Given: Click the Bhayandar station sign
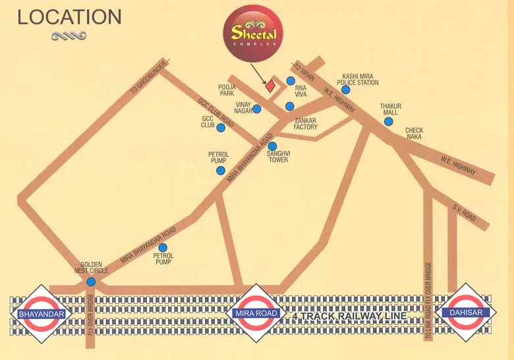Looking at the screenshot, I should coord(42,314).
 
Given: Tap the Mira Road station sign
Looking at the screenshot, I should coord(254,314).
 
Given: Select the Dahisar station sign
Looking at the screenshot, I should coord(466,313).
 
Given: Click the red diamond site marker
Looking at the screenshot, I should coord(270,86).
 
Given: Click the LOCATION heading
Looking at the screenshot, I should coord(69,17).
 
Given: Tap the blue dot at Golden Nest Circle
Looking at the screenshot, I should coord(91,282).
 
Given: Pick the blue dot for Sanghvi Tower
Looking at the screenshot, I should coord(271,146).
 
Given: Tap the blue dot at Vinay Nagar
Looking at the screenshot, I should coord(257,109).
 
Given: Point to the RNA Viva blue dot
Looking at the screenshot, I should coord(291,80).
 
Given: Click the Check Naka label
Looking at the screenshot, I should coord(414,133).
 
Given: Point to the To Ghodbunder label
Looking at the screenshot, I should coord(151,76).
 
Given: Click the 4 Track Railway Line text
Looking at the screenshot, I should coord(349,316).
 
